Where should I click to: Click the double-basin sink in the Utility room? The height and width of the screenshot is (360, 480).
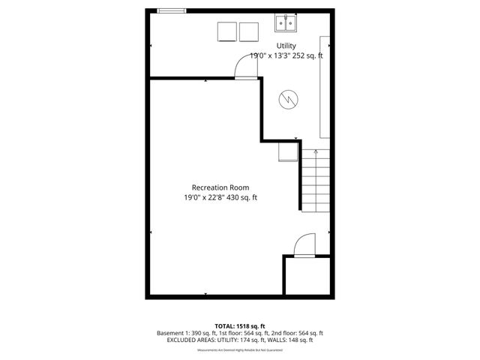pos(285,24)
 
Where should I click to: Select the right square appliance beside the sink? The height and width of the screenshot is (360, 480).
pos(248,31)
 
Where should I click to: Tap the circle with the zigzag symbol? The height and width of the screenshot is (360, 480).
pos(287,100)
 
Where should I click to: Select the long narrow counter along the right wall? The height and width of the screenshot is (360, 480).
pos(325,86)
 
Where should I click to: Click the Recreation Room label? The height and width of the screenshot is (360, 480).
pos(220,187)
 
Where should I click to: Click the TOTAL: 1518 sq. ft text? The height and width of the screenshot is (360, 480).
pos(240,325)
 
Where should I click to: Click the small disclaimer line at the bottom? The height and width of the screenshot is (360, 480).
pos(240,350)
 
